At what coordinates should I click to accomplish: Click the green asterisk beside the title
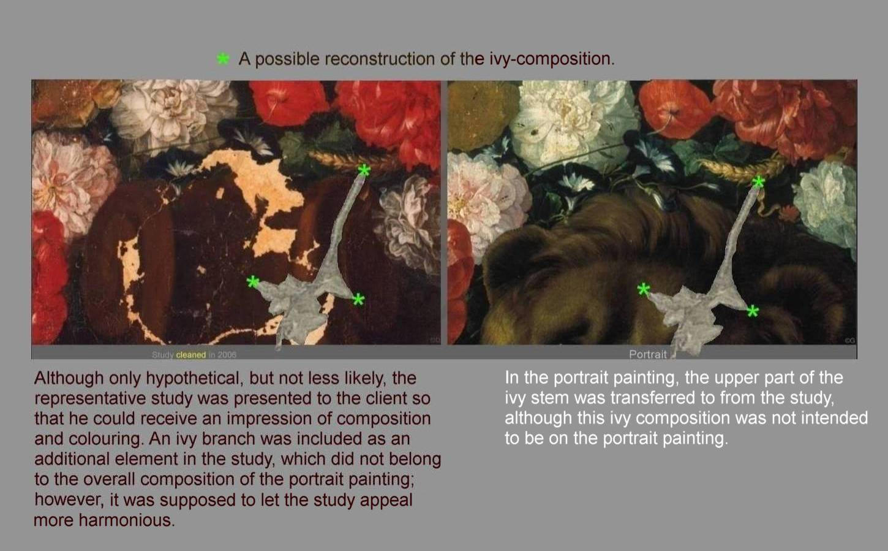(x=223, y=59)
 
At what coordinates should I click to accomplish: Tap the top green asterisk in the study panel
(x=364, y=170)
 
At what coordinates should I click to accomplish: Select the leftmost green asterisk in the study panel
(x=252, y=282)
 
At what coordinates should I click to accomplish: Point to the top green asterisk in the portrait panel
(x=758, y=181)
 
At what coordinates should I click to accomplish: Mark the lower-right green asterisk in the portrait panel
(x=753, y=311)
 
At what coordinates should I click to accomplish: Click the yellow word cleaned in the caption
(x=190, y=355)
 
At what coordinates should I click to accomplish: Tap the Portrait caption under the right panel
(x=648, y=354)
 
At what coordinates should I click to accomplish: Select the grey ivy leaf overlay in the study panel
(x=301, y=302)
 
